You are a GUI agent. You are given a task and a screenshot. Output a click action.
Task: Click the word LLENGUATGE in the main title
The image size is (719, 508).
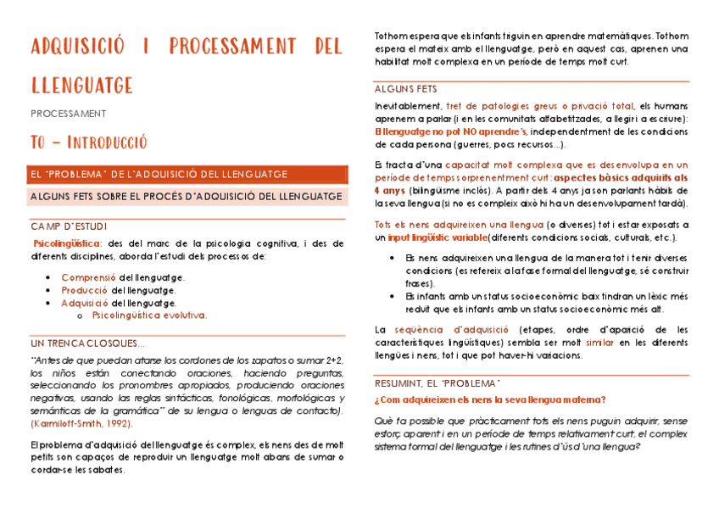(x=82, y=85)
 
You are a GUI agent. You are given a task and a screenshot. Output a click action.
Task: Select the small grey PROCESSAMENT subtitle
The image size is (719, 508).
(x=69, y=113)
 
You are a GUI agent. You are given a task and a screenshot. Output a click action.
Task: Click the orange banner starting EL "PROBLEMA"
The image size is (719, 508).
(x=158, y=175)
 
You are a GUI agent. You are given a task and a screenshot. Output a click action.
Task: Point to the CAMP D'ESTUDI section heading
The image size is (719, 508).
(x=69, y=226)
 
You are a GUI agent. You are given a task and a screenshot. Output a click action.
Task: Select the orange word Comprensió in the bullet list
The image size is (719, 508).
(x=88, y=277)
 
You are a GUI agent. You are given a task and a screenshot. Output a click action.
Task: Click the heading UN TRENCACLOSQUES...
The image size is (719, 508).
(x=87, y=343)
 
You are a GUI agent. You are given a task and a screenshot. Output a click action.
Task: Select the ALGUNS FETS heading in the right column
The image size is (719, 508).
(x=406, y=89)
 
